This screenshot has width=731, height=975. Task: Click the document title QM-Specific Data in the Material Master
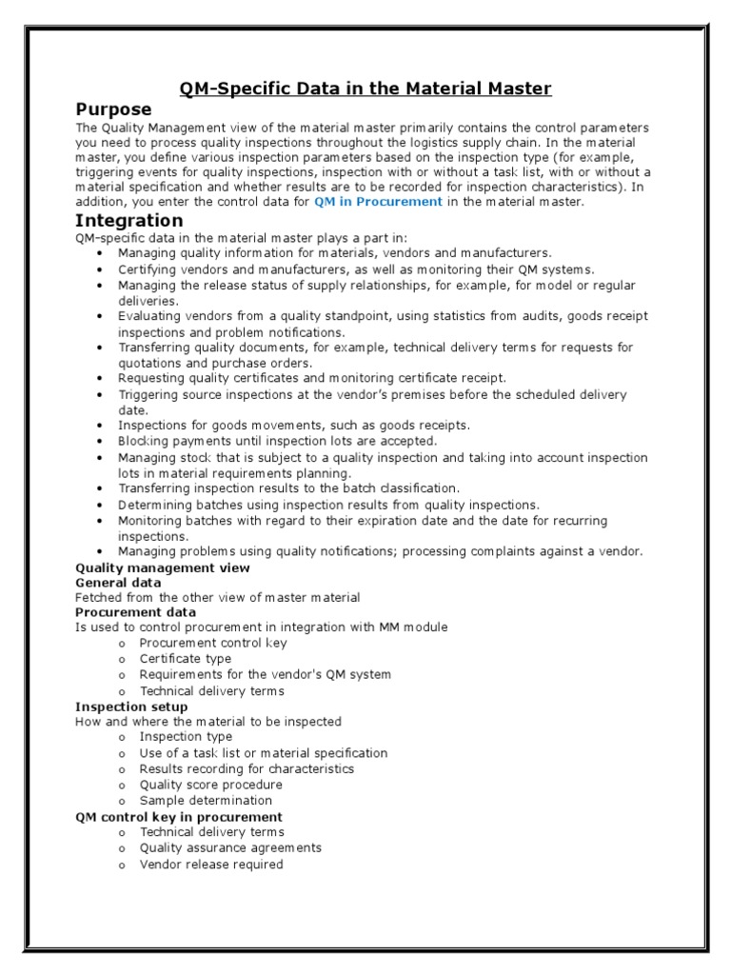(x=365, y=89)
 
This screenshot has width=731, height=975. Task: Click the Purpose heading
(x=113, y=109)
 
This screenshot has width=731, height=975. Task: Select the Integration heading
(x=128, y=221)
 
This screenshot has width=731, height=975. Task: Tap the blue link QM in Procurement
(x=378, y=202)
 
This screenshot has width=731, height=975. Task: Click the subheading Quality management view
(x=163, y=567)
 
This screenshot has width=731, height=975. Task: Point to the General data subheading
(x=118, y=583)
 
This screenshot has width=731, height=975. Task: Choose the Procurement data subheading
(x=135, y=612)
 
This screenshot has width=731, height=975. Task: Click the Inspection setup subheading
(x=131, y=706)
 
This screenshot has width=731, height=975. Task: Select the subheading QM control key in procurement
(x=179, y=817)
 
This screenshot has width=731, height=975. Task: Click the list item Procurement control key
(x=213, y=643)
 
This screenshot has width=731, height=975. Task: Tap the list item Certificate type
(x=186, y=659)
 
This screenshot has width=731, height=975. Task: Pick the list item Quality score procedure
(x=211, y=785)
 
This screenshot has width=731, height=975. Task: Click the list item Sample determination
(x=206, y=801)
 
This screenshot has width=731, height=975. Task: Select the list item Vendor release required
(x=211, y=865)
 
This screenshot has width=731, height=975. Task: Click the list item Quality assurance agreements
(x=230, y=847)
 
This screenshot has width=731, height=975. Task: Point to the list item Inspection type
(x=186, y=737)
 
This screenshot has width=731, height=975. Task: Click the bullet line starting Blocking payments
(x=277, y=441)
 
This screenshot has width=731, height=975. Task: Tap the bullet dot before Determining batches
(x=101, y=505)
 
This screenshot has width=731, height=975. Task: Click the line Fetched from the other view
(x=217, y=597)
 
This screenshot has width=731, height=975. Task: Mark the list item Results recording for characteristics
(x=247, y=768)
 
